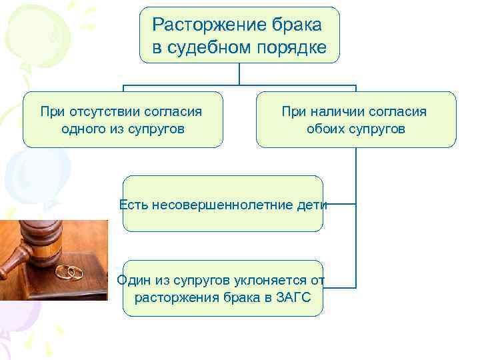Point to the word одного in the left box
[81, 129]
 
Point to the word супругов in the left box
[155, 129]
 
